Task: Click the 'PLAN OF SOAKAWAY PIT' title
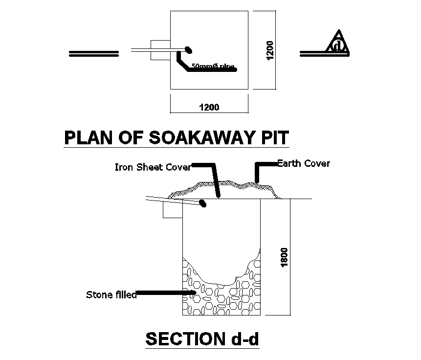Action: (x=177, y=137)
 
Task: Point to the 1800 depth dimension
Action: (x=285, y=257)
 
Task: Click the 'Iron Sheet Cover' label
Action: (x=152, y=167)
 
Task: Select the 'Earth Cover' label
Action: (x=303, y=163)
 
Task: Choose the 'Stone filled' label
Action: (x=111, y=294)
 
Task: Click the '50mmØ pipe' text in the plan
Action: (x=213, y=66)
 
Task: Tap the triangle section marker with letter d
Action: (x=338, y=44)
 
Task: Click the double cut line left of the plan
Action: (x=94, y=54)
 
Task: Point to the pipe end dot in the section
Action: (x=203, y=203)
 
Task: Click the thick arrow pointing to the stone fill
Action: (x=166, y=293)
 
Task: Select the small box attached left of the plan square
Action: (x=159, y=50)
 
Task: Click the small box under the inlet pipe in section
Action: (x=172, y=210)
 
